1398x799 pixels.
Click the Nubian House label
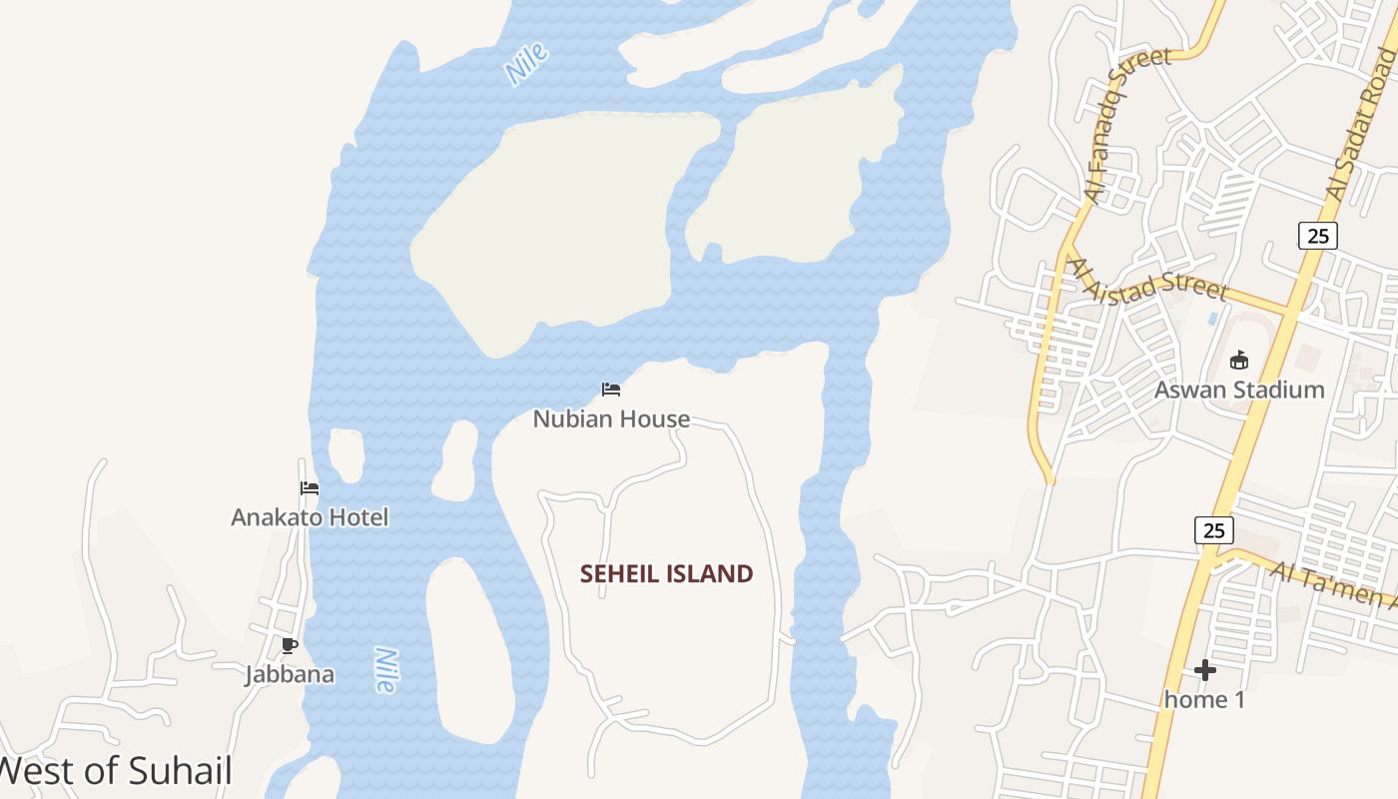point(611,419)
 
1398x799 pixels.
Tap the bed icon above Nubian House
point(611,389)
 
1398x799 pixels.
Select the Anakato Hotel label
point(310,517)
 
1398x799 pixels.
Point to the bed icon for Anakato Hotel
point(310,488)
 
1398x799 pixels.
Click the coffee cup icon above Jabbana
point(290,645)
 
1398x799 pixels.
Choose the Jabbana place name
point(290,674)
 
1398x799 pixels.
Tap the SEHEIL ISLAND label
point(666,573)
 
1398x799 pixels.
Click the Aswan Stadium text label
point(1239,390)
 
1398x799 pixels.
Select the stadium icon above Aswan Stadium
point(1239,360)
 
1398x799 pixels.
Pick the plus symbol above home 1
point(1205,669)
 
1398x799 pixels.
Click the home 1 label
point(1205,699)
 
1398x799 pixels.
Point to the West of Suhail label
point(115,771)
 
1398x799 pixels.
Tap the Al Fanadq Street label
point(1125,125)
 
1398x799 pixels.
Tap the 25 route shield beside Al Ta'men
point(1213,529)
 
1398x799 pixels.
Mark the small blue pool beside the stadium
point(1212,318)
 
